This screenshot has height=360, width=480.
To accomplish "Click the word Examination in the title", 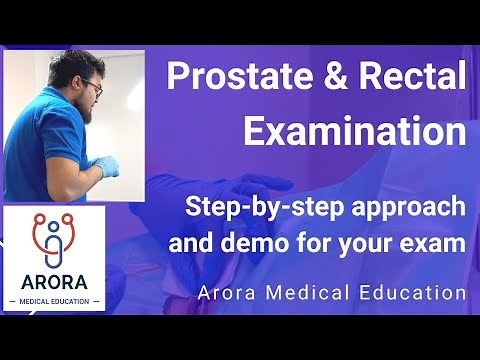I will [x=355, y=131].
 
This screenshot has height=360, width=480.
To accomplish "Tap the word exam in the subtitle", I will [x=439, y=243].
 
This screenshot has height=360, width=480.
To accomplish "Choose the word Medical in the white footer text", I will [x=321, y=294].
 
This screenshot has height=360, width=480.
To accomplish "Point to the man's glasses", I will [x=94, y=88].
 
